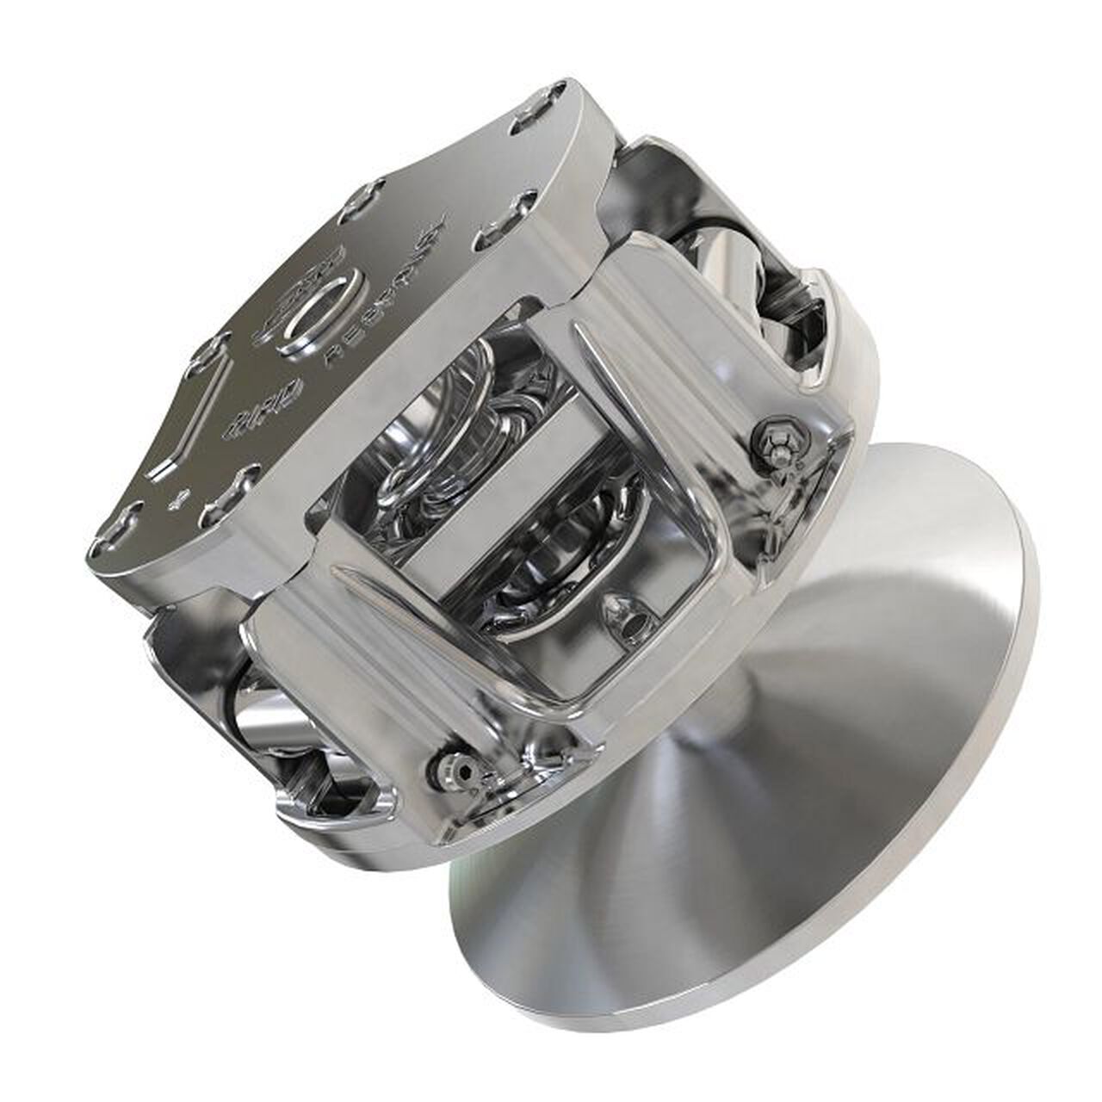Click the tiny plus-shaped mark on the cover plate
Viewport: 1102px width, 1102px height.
[179, 497]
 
